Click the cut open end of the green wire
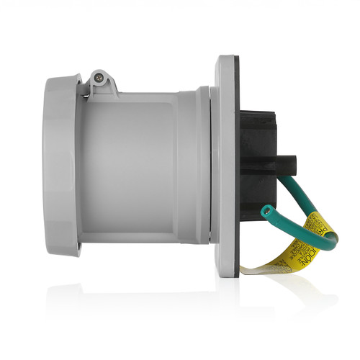tap(267, 211)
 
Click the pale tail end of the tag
tap(248, 269)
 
